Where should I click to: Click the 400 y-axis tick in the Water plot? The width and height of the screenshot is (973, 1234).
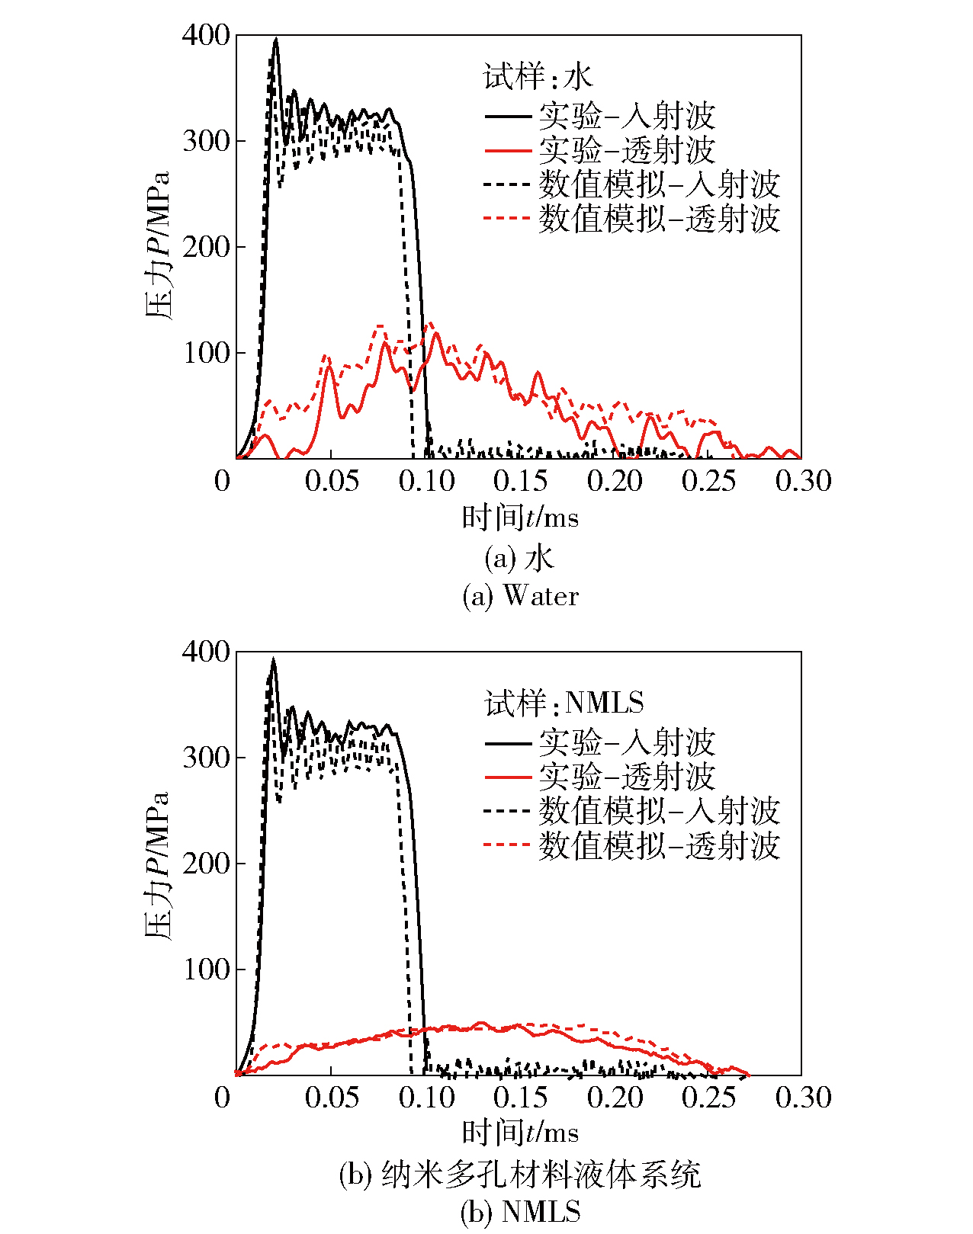(x=206, y=35)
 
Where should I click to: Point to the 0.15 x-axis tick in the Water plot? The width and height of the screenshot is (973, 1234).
(x=520, y=480)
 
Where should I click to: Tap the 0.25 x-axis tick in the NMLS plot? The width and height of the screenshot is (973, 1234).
(x=708, y=1097)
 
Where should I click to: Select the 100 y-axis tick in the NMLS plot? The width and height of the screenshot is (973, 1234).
(x=206, y=970)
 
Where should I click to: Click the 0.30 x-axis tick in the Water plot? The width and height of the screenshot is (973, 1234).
(x=803, y=480)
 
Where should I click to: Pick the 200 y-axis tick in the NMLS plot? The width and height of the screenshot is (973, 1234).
(x=206, y=864)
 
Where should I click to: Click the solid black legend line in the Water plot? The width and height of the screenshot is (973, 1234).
(x=507, y=116)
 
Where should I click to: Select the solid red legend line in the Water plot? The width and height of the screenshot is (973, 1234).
(x=507, y=150)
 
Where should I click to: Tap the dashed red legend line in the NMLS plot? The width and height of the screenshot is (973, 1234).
(x=507, y=845)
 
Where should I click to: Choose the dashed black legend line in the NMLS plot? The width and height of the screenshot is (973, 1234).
(x=507, y=811)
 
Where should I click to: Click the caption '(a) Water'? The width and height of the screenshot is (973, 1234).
(x=521, y=595)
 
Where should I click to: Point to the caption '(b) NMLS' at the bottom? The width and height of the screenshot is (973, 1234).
(x=521, y=1211)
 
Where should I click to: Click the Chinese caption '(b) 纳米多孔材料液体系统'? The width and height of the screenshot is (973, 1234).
(x=520, y=1175)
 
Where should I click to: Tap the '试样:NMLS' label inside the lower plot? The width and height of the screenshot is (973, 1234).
(x=564, y=702)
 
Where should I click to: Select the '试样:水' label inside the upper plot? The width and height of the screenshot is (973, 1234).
(x=538, y=77)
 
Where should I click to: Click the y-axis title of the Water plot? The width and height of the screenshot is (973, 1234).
(x=157, y=245)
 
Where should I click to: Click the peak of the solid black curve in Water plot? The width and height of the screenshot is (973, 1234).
(x=276, y=39)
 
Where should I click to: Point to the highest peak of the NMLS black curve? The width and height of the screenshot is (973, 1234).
(x=273, y=659)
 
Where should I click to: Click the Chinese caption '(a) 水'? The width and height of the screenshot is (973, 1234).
(x=520, y=559)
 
